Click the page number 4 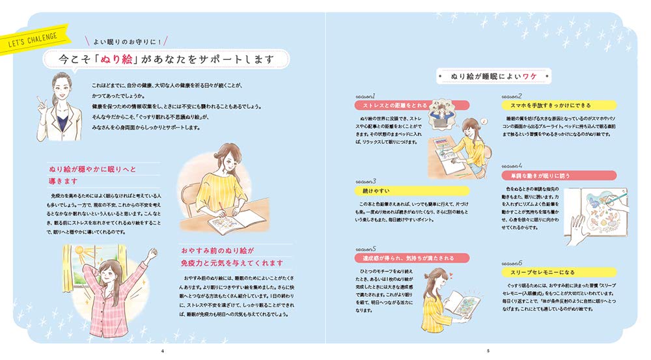162,352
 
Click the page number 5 488,352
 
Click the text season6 514,262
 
